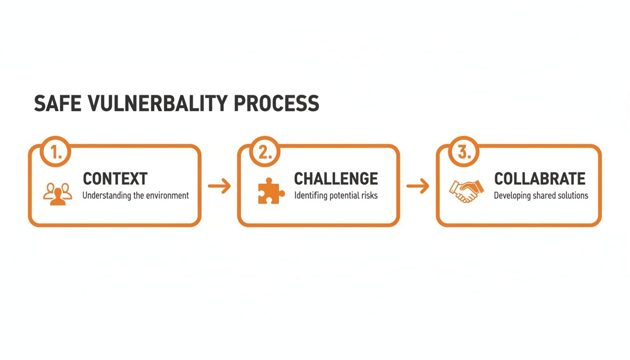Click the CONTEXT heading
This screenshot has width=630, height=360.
pyautogui.click(x=115, y=179)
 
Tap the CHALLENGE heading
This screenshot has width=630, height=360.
pyautogui.click(x=336, y=179)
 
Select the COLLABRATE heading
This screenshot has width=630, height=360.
pyautogui.click(x=540, y=179)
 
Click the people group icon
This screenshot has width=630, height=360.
pyautogui.click(x=57, y=193)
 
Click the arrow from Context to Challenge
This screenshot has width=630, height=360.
pyautogui.click(x=219, y=187)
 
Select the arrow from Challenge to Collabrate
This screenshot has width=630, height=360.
pyautogui.click(x=418, y=187)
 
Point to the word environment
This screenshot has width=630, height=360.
pyautogui.click(x=167, y=195)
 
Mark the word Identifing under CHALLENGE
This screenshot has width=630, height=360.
pyautogui.click(x=310, y=195)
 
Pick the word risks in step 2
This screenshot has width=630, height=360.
pyautogui.click(x=368, y=195)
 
